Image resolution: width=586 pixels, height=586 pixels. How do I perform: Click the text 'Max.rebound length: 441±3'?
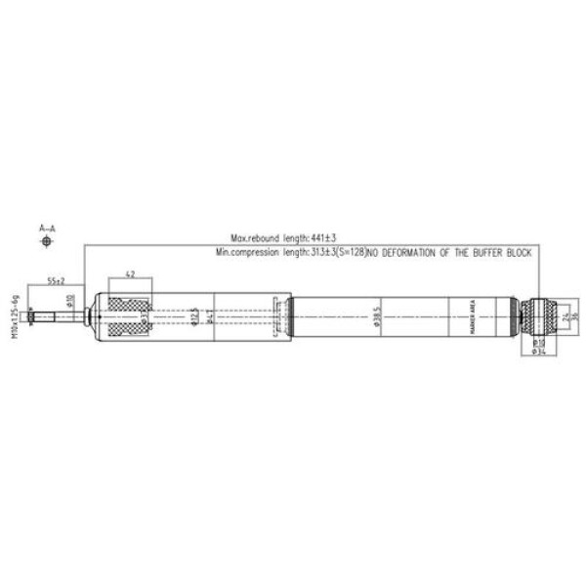pos(282,238)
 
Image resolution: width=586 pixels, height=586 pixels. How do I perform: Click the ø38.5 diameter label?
pos(375,316)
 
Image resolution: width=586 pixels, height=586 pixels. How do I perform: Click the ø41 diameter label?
pos(211,316)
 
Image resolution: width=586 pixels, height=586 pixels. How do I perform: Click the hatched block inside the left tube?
pos(129,315)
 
